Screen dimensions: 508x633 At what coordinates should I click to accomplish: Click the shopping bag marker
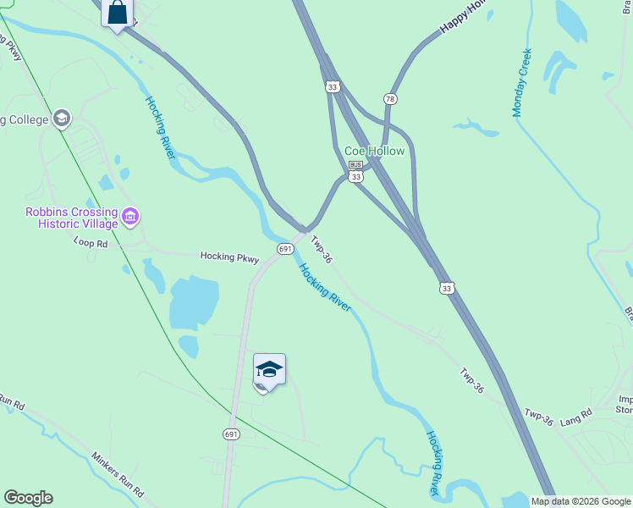(x=118, y=14)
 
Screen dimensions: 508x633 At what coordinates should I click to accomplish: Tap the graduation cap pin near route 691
(x=269, y=370)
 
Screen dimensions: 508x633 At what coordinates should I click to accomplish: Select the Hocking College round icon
(x=61, y=119)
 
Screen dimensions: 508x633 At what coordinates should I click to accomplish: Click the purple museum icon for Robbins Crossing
(x=129, y=218)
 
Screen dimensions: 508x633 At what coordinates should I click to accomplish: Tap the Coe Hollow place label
(x=374, y=151)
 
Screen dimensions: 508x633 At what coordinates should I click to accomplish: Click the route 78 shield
(x=390, y=99)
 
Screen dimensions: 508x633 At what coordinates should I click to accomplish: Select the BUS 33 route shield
(x=356, y=171)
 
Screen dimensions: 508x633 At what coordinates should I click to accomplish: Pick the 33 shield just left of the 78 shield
(x=333, y=86)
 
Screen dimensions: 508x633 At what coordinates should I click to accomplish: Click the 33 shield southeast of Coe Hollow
(x=447, y=288)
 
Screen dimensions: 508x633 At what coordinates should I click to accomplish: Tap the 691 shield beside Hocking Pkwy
(x=285, y=248)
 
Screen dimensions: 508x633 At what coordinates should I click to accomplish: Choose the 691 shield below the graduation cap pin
(x=233, y=433)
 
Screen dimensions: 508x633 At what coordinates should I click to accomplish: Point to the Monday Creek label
(x=522, y=82)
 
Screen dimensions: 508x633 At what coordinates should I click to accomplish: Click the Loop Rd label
(x=91, y=243)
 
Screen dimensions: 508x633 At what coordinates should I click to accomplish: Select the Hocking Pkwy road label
(x=228, y=256)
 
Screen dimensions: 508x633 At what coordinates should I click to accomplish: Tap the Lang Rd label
(x=575, y=418)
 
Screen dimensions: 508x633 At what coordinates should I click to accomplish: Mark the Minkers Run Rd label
(x=118, y=472)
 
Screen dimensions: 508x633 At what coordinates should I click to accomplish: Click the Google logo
(x=28, y=498)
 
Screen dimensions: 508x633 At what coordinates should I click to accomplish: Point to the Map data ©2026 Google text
(x=581, y=501)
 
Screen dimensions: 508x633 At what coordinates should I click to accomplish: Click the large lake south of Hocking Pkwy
(x=195, y=301)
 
